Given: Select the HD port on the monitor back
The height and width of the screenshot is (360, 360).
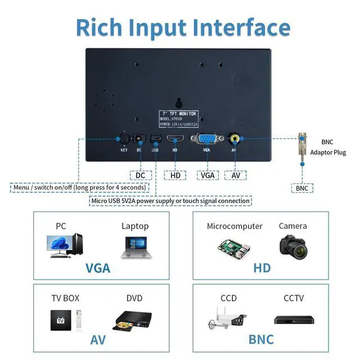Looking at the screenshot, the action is click(x=175, y=139).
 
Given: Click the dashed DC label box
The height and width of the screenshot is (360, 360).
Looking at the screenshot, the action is click(x=141, y=175).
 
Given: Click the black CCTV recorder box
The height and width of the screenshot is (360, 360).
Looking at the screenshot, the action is click(x=293, y=319).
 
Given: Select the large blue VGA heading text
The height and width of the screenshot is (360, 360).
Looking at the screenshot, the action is click(x=98, y=268).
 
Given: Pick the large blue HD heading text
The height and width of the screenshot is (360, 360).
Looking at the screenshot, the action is click(x=262, y=268).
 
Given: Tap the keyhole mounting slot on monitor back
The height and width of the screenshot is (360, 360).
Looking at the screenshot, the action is click(x=180, y=103).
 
